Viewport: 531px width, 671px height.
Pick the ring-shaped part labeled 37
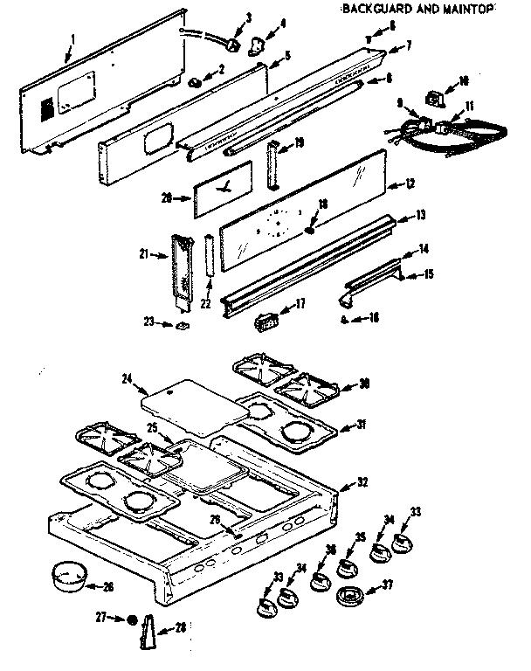tap(350, 600)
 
